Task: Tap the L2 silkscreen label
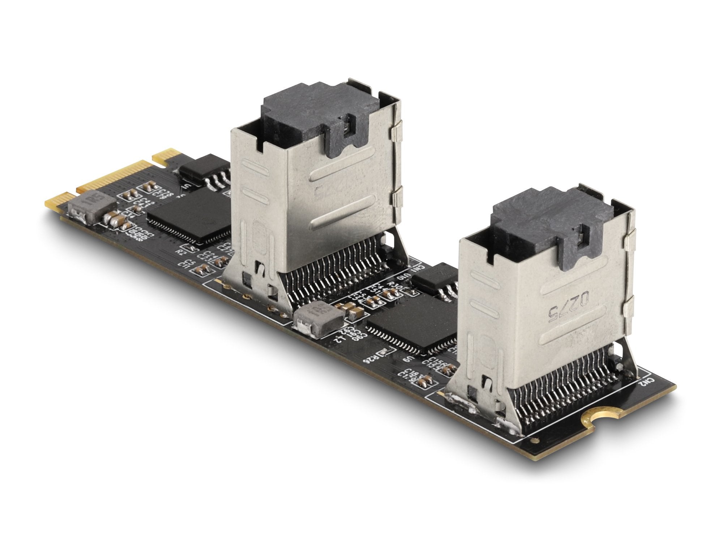point(339,340)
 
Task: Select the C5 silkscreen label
point(187,261)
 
